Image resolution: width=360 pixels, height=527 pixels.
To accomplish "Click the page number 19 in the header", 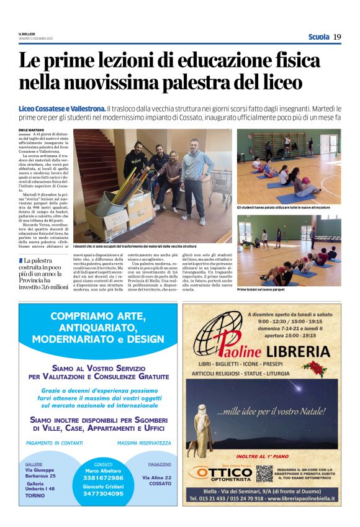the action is point(337,37).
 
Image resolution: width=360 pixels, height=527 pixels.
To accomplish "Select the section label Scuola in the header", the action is point(318,37).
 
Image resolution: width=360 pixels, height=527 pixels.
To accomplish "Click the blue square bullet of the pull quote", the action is point(20,260).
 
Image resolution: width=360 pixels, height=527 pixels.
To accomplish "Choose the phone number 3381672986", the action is point(104,477).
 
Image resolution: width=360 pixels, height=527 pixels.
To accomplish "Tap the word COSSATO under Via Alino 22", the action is point(160,484).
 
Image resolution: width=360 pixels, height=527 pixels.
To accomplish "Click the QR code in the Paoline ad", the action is point(264,474).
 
